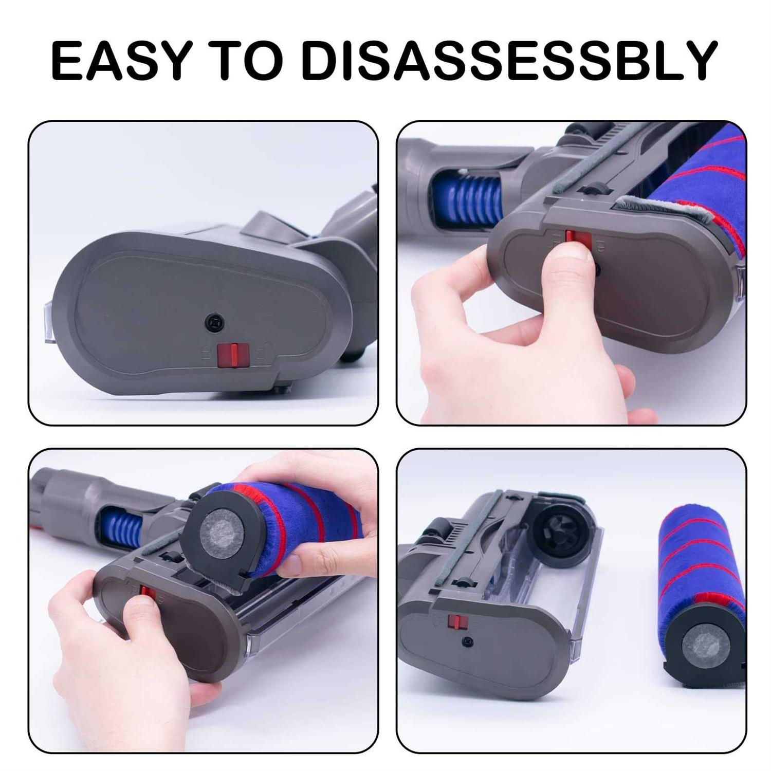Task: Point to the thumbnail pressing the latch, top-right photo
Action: click(575, 250)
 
